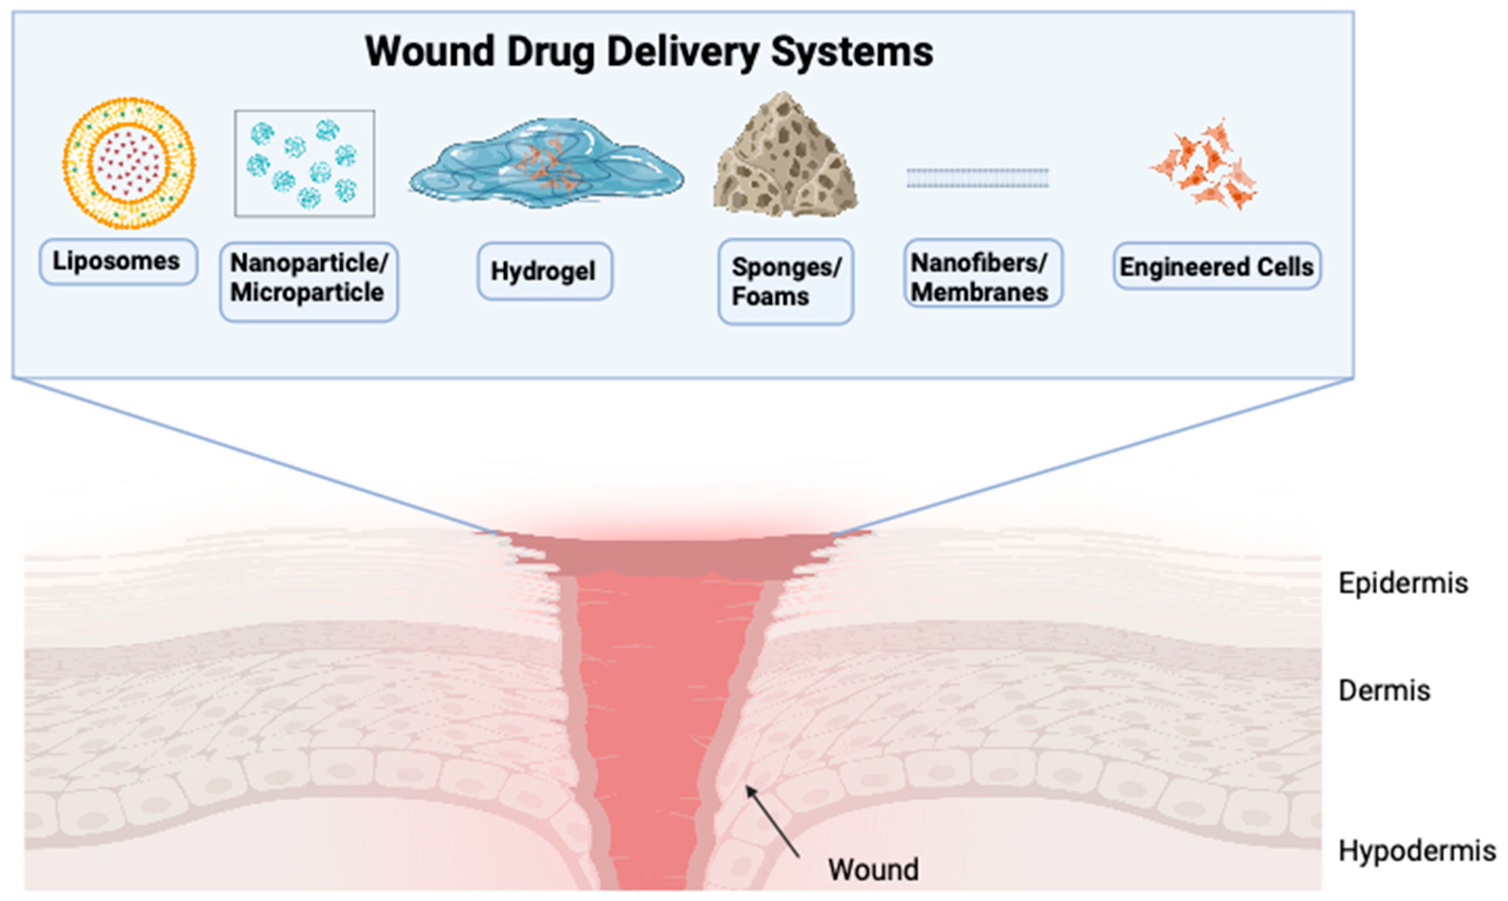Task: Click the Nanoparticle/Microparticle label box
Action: point(308,281)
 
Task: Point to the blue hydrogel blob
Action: point(546,164)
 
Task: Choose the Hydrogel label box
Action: point(544,271)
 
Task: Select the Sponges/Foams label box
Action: point(785,281)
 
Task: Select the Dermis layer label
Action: point(1384,690)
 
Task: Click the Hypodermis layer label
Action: point(1416,851)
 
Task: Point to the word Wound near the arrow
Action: point(873,869)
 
